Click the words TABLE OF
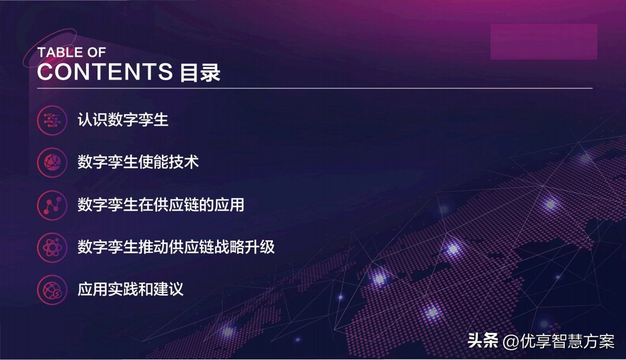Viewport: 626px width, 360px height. click(x=71, y=53)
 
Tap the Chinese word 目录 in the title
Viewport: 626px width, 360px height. click(x=200, y=73)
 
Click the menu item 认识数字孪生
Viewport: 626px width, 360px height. click(x=123, y=119)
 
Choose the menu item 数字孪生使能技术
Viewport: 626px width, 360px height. click(x=138, y=162)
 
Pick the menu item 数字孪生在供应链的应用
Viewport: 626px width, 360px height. click(x=161, y=205)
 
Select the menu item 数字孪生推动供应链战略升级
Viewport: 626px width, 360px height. click(x=176, y=247)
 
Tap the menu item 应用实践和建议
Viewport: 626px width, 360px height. click(x=131, y=289)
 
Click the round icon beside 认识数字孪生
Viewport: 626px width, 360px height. click(x=52, y=120)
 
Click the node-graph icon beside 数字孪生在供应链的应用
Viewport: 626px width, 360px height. click(x=52, y=205)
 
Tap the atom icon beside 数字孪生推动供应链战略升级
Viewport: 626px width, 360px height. click(x=52, y=248)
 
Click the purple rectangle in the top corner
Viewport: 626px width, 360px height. click(x=544, y=42)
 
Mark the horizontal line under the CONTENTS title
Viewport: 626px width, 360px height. click(x=315, y=88)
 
